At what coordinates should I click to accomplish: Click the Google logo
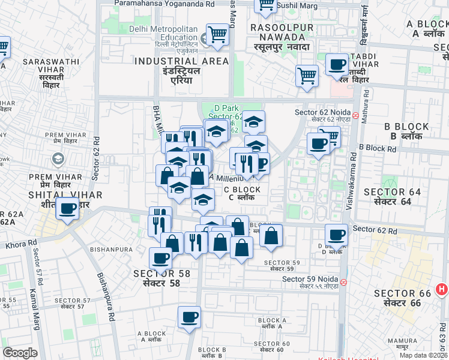click(20, 353)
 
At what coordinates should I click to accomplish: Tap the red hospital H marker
click(442, 290)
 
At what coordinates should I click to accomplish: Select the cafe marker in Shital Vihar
click(68, 209)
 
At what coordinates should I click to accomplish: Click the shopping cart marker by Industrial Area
click(217, 35)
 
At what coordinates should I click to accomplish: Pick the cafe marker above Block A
click(189, 317)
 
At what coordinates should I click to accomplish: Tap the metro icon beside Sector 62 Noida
click(355, 114)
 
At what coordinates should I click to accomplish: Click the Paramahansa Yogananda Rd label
click(165, 4)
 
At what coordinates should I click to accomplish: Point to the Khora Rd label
click(17, 245)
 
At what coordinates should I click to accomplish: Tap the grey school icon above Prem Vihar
click(58, 160)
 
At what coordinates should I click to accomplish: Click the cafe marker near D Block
click(336, 236)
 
